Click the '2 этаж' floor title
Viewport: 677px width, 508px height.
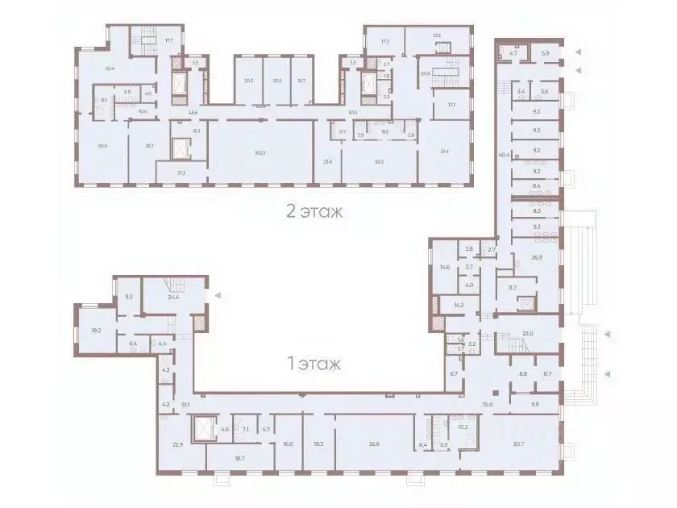pyautogui.click(x=315, y=212)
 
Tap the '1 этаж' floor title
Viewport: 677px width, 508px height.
pyautogui.click(x=314, y=364)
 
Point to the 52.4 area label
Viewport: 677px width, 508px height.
pyautogui.click(x=110, y=69)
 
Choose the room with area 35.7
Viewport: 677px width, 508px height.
pyautogui.click(x=149, y=146)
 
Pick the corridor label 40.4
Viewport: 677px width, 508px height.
pyautogui.click(x=505, y=154)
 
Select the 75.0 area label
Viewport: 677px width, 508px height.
pyautogui.click(x=487, y=405)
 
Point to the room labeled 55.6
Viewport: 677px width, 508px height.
pyautogui.click(x=373, y=444)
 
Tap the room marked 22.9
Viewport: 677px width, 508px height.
pyautogui.click(x=179, y=444)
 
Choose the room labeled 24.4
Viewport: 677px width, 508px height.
pyautogui.click(x=174, y=297)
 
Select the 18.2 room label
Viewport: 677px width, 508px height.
pyautogui.click(x=96, y=330)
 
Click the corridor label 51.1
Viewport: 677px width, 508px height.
pyautogui.click(x=185, y=405)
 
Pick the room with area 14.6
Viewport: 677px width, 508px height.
pyautogui.click(x=444, y=267)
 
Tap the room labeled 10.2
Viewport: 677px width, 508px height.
pyautogui.click(x=463, y=427)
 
